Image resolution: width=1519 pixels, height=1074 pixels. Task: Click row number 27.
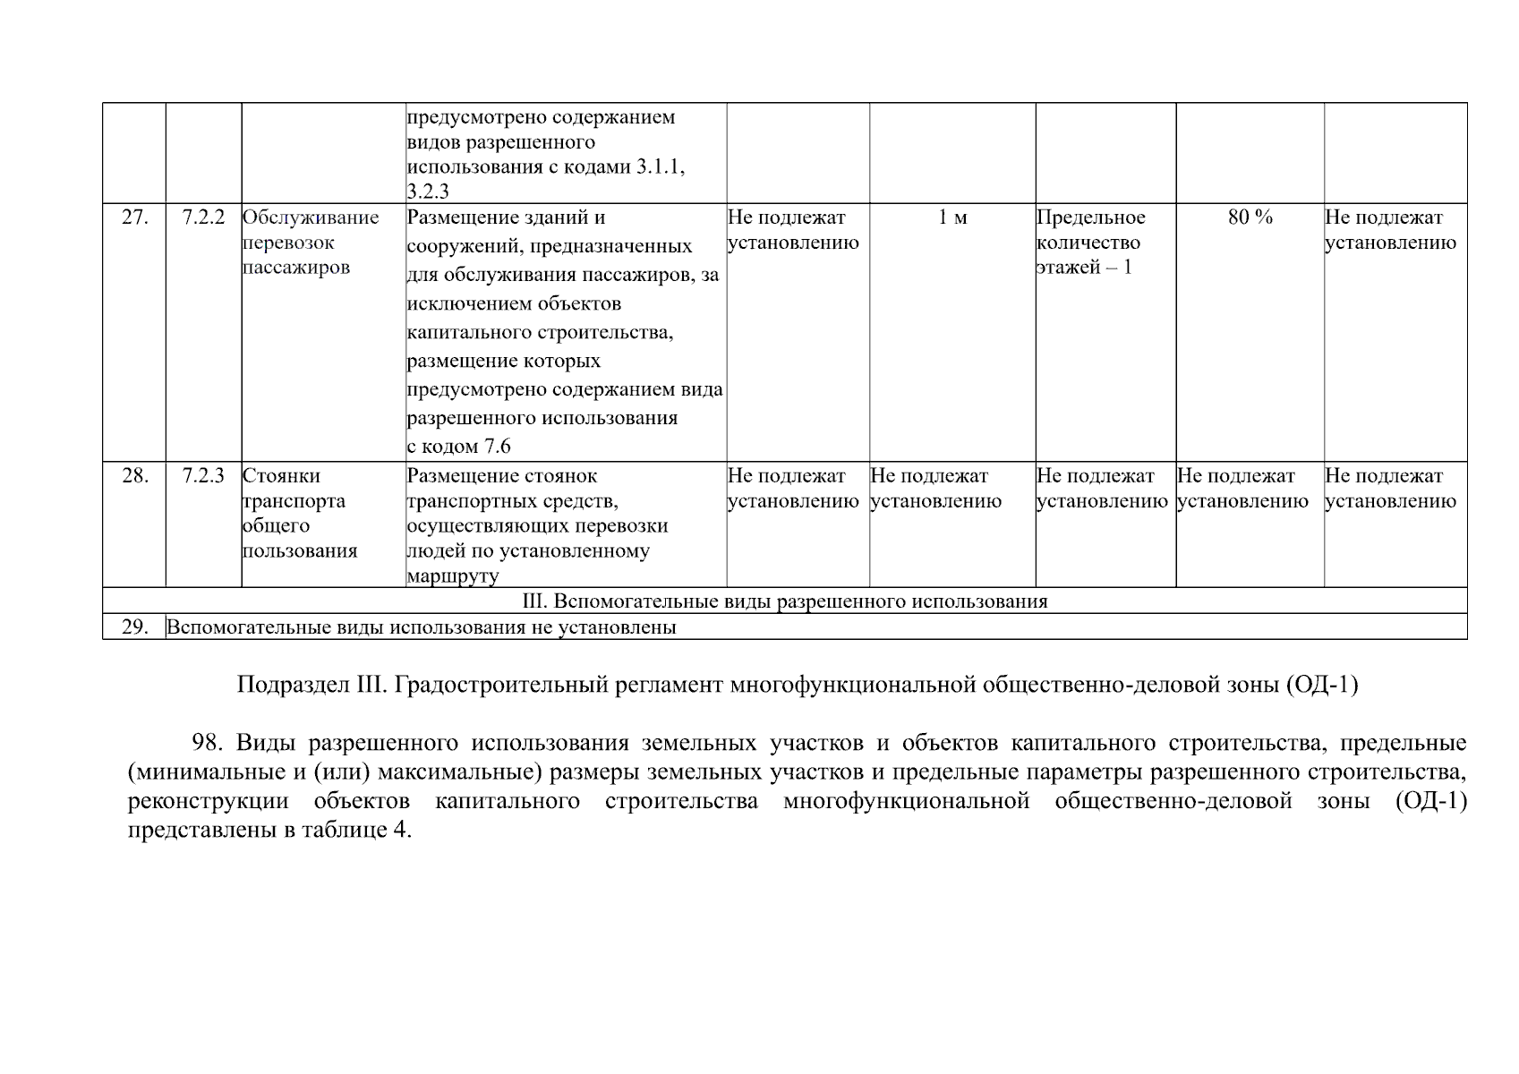[x=134, y=217]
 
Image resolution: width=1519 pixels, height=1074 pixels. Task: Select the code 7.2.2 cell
[x=203, y=217]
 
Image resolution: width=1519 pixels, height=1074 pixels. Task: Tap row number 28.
[x=134, y=476]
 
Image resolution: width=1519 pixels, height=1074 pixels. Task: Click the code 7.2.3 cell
[x=203, y=476]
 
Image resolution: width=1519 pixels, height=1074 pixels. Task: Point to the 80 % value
[x=1250, y=217]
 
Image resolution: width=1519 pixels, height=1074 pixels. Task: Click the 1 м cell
[x=952, y=217]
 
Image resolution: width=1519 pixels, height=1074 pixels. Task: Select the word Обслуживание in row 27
[x=311, y=217]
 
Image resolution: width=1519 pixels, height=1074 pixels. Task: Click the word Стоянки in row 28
[x=281, y=476]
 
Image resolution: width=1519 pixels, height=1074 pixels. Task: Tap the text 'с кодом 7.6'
[x=458, y=447]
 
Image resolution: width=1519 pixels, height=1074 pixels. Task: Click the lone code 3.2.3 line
[x=428, y=192]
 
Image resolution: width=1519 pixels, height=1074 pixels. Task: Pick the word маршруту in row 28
[x=452, y=576]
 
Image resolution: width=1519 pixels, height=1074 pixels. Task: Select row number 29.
[x=134, y=627]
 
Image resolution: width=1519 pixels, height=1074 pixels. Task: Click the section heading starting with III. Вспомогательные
[x=784, y=601]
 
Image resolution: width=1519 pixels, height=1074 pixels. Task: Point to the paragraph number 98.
[x=207, y=744]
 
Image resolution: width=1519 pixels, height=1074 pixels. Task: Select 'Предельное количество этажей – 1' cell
[x=1090, y=243]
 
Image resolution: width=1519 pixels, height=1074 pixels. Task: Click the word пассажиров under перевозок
[x=295, y=268]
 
